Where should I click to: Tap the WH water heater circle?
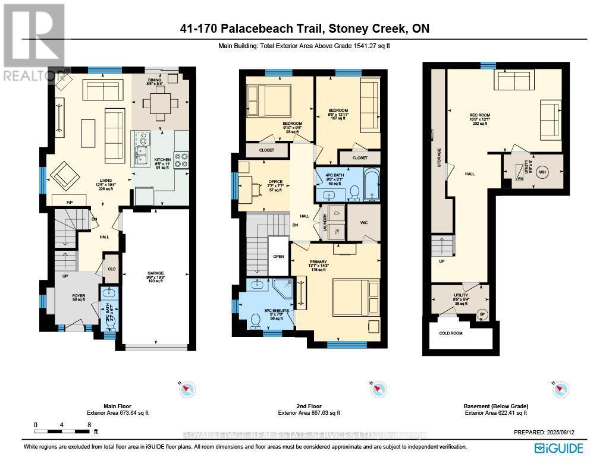(x=542, y=172)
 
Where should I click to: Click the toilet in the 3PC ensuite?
(x=256, y=320)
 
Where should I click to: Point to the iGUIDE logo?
(x=558, y=447)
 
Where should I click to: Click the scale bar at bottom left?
(x=62, y=425)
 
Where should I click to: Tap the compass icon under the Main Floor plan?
(x=187, y=389)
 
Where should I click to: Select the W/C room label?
(x=363, y=224)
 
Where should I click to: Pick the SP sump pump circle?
(x=482, y=314)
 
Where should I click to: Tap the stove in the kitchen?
(x=181, y=159)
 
